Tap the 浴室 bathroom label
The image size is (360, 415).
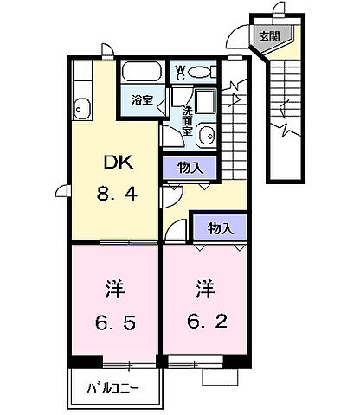pyautogui.click(x=141, y=100)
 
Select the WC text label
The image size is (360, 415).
pyautogui.click(x=181, y=73)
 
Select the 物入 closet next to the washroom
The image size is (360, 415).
pyautogui.click(x=192, y=168)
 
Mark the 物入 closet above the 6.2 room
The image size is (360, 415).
pyautogui.click(x=221, y=228)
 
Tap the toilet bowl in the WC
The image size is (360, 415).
pyautogui.click(x=204, y=73)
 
